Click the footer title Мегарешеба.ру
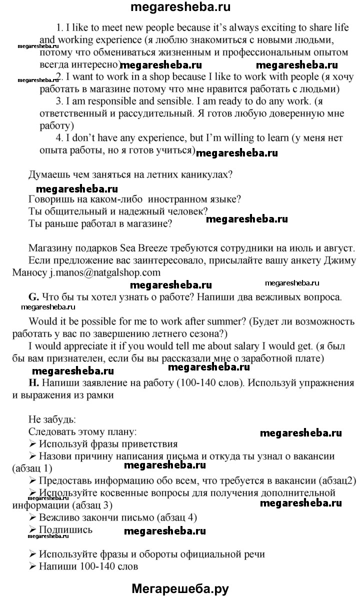coord(180,588)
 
